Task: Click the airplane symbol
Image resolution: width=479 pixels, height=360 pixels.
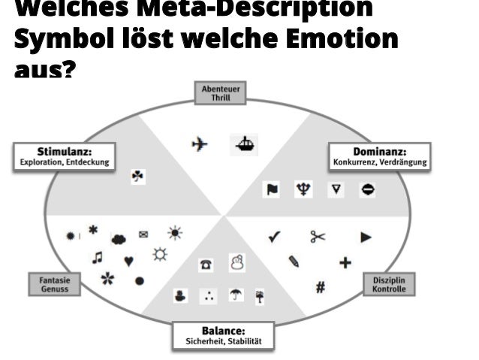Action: click(x=199, y=144)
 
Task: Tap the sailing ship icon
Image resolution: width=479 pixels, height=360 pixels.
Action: click(x=246, y=143)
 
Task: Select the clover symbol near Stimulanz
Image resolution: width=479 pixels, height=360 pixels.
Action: click(x=138, y=177)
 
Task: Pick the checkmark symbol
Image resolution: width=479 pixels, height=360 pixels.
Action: click(x=274, y=237)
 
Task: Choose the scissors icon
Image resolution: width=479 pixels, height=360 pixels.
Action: click(x=318, y=237)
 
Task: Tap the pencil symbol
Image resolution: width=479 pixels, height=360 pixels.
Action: click(x=294, y=262)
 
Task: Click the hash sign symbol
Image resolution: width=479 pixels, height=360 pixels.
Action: click(x=320, y=286)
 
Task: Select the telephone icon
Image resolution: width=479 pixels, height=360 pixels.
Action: click(x=205, y=265)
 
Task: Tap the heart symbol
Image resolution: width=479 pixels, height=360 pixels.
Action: click(x=129, y=261)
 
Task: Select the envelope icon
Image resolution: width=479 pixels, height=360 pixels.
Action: click(x=144, y=233)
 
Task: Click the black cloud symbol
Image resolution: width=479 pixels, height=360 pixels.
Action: click(x=119, y=240)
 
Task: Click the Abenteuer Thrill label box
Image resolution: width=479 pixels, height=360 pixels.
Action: click(x=219, y=92)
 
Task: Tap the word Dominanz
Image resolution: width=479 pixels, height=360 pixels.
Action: click(x=379, y=152)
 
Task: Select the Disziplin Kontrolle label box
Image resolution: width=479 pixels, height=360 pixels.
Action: click(x=389, y=284)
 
